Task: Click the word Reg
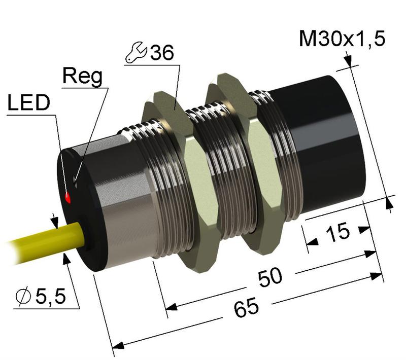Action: [x=82, y=77]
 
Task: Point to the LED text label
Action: [x=29, y=103]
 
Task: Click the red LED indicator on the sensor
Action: [x=67, y=197]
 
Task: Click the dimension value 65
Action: [x=247, y=307]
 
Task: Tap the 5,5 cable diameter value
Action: [x=50, y=296]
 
